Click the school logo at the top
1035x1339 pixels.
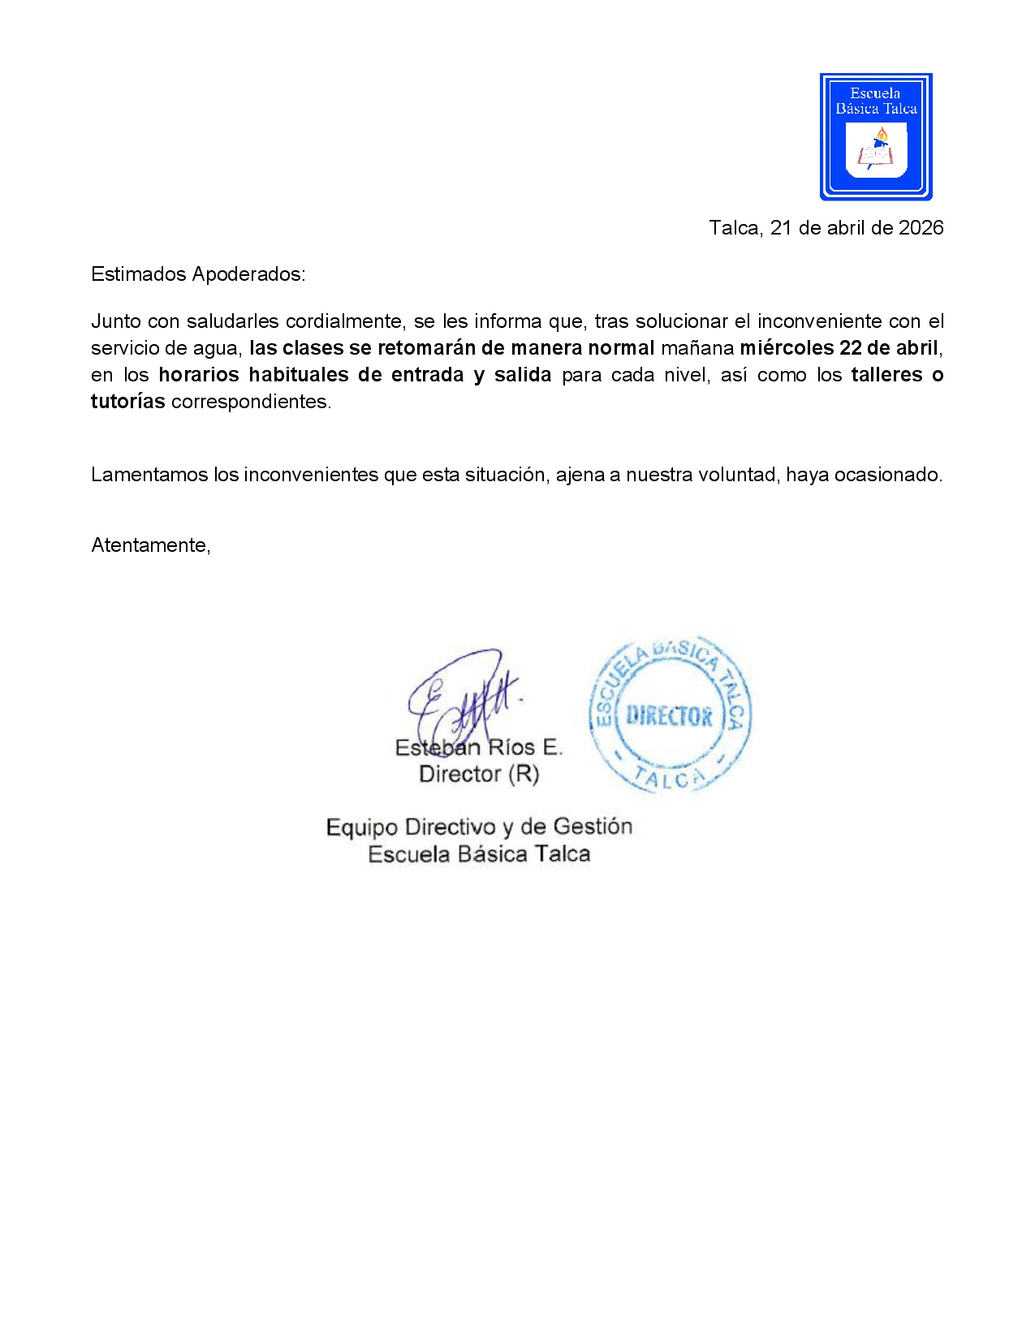point(876,136)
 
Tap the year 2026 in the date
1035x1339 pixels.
point(921,228)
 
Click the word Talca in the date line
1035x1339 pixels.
point(734,228)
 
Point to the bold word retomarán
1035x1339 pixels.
point(426,348)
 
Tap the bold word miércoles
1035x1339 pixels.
point(787,348)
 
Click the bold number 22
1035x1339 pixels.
point(851,348)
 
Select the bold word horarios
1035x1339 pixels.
point(199,375)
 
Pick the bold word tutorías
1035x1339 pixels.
point(127,402)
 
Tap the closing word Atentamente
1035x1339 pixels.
point(150,545)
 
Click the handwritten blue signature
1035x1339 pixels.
point(463,698)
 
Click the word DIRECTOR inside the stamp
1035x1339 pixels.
point(670,717)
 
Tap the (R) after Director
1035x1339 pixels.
point(523,774)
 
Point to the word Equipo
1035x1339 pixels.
point(362,828)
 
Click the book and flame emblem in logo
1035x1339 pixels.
point(875,151)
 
